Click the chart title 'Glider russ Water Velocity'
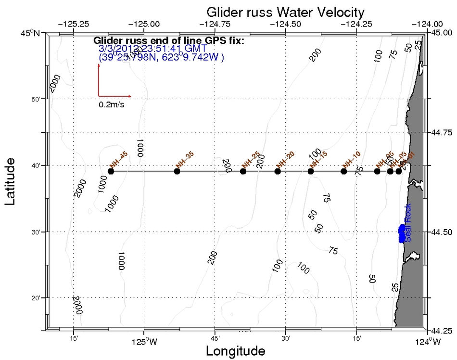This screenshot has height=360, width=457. (x=285, y=12)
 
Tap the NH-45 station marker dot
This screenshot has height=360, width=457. (x=111, y=171)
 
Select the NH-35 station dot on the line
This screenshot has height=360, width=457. (x=177, y=171)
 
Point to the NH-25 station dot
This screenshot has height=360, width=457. (x=243, y=171)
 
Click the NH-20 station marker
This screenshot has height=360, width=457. (x=278, y=171)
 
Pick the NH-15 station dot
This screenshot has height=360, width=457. (x=311, y=171)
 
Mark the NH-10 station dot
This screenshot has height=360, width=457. (x=343, y=171)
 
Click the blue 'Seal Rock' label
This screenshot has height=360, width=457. (x=408, y=229)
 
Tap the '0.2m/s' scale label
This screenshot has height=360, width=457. (x=112, y=104)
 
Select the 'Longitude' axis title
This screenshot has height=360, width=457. (x=235, y=351)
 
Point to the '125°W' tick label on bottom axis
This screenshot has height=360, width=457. (x=143, y=342)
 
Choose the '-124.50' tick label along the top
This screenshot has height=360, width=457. (x=286, y=23)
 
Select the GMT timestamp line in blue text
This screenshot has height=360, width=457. (x=152, y=49)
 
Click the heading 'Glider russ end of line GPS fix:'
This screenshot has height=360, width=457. (x=169, y=40)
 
